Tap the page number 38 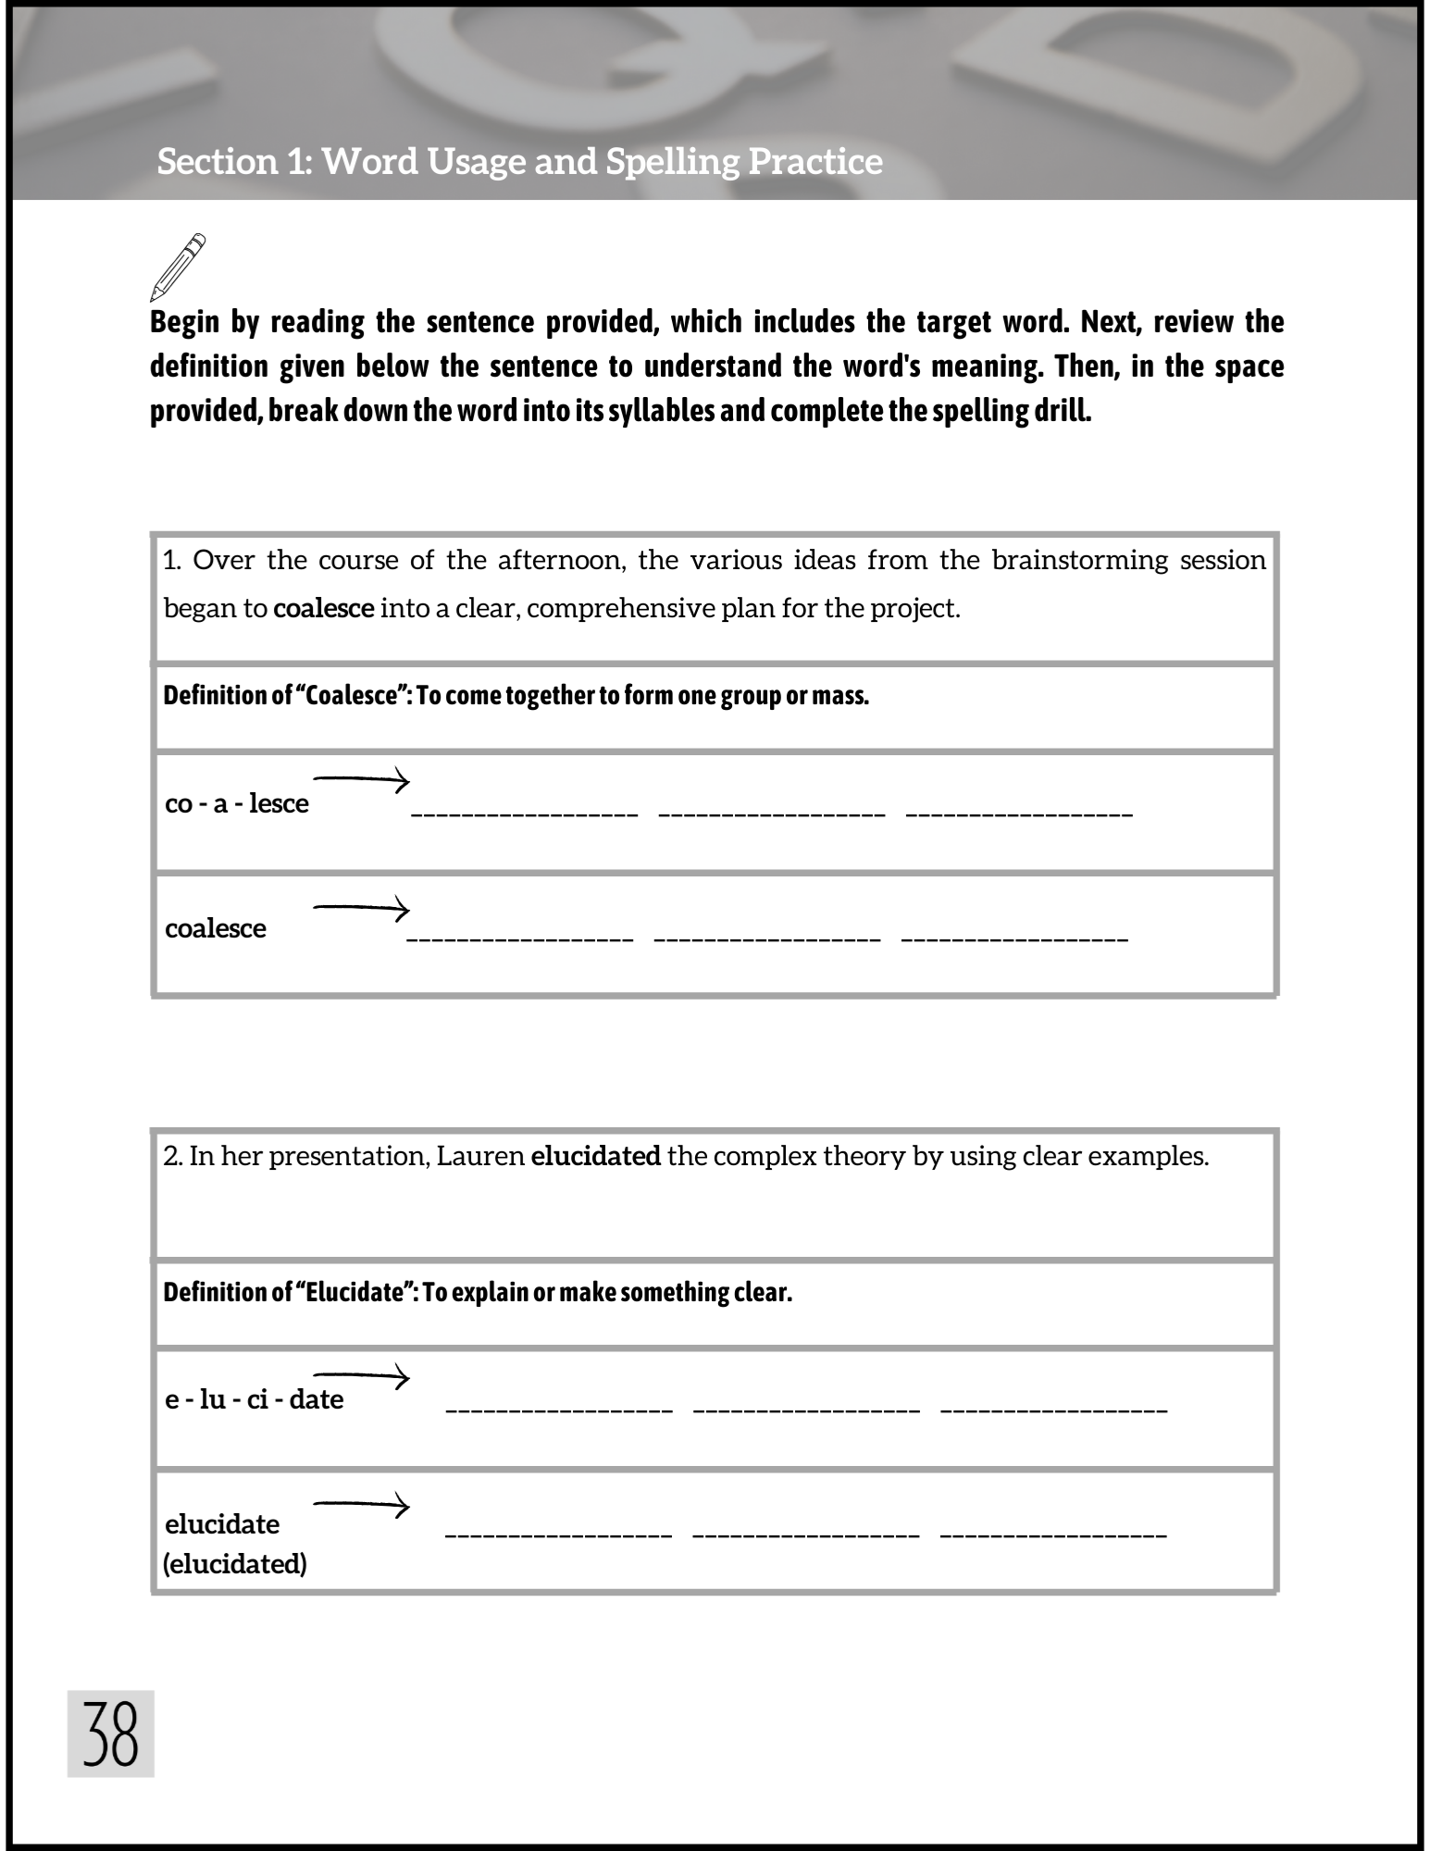110,1733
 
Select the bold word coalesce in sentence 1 324,609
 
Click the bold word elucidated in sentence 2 596,1156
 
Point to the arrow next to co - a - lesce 361,780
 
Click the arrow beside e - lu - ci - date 361,1377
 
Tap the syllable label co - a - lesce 237,803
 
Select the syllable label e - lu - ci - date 255,1399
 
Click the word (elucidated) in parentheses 235,1563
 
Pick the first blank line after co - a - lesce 524,813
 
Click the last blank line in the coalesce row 1014,938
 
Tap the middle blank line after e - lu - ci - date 806,1410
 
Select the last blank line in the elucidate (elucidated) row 1053,1534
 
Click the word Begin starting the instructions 185,322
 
